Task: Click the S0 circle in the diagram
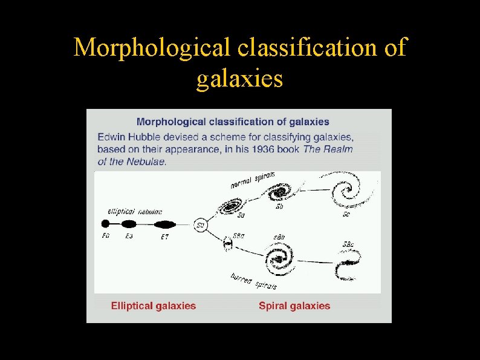(201, 225)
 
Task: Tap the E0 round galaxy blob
(106, 224)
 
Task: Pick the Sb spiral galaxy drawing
(279, 193)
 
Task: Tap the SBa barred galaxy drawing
(228, 244)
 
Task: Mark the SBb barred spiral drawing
(279, 259)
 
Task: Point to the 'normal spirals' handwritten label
(253, 180)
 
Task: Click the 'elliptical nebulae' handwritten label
(134, 211)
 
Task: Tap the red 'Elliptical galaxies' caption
(154, 306)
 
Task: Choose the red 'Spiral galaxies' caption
(294, 306)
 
